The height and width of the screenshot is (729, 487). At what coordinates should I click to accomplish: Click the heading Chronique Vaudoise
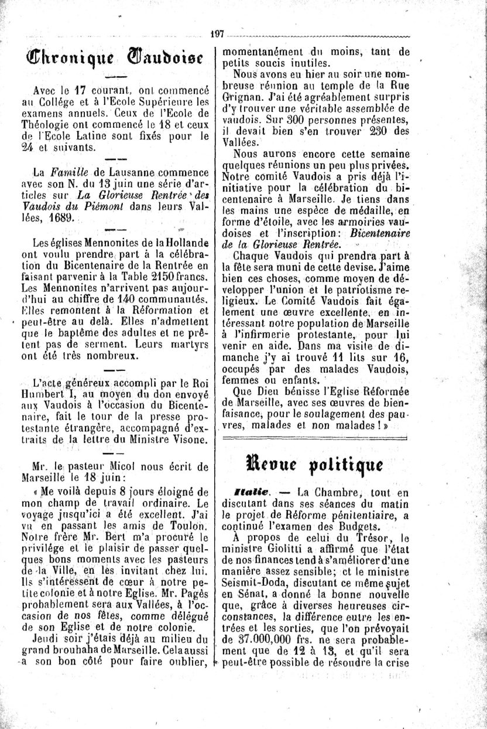tap(114, 60)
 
